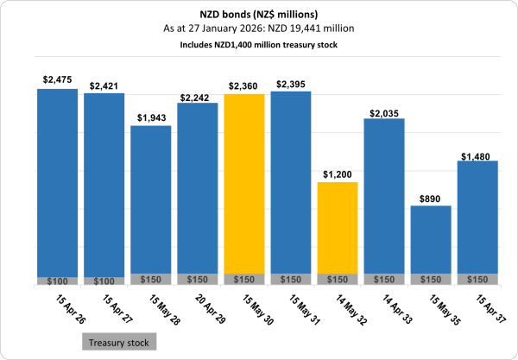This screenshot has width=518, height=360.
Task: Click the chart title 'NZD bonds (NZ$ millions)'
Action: tap(259, 14)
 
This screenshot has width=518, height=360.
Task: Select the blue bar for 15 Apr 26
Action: tap(57, 181)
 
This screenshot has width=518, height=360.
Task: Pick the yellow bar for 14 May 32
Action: tap(338, 228)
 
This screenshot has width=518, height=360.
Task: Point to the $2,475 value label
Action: tap(57, 80)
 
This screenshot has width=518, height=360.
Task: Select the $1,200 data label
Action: tap(338, 174)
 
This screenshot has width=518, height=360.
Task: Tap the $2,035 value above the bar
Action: tap(384, 112)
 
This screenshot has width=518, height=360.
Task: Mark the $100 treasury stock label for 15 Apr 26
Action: tap(57, 281)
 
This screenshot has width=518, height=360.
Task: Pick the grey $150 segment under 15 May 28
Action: tap(150, 279)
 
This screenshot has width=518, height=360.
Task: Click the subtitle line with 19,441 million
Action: tap(259, 28)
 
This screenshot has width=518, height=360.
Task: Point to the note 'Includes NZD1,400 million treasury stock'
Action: tap(259, 44)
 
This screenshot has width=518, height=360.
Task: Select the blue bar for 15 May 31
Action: tap(291, 181)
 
